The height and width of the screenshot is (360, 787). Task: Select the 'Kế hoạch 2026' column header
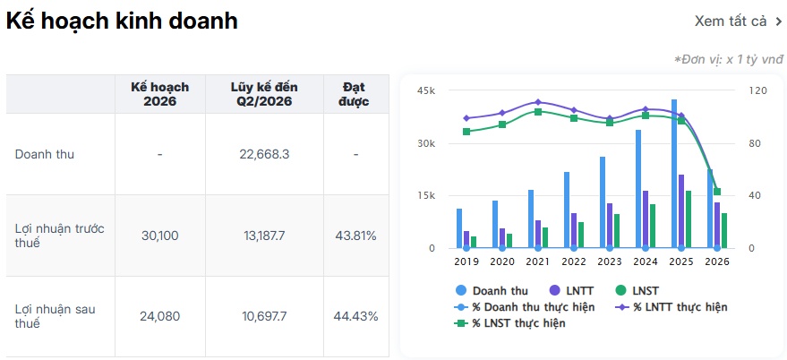160,94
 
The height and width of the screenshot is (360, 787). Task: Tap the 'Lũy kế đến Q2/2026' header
264,94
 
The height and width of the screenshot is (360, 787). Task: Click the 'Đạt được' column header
355,94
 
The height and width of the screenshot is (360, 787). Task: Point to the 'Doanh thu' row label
45,154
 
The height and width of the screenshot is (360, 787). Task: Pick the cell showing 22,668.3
264,154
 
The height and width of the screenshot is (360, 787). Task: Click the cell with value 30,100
160,236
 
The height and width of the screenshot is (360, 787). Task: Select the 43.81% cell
355,236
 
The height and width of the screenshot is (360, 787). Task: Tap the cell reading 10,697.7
264,317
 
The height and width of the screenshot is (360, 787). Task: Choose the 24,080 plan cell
160,317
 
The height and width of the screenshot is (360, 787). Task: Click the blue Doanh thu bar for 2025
674,174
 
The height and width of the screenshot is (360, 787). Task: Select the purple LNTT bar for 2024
645,219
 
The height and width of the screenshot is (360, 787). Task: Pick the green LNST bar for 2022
581,235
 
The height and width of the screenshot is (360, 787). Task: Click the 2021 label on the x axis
538,261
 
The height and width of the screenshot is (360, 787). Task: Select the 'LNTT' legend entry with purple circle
572,290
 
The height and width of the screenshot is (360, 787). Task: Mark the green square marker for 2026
717,192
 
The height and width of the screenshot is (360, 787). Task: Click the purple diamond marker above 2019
466,118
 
